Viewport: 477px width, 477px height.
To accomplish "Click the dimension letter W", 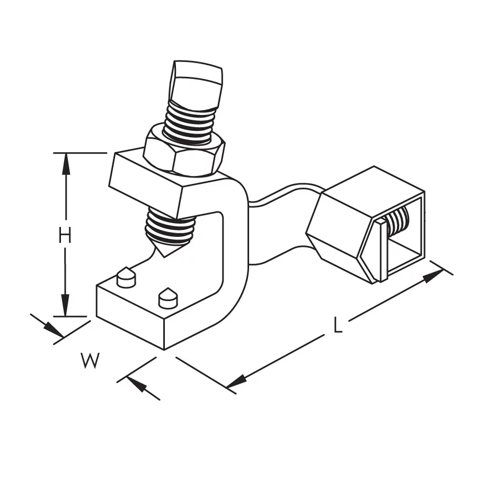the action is coord(90,361).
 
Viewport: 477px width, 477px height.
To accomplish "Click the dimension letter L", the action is coord(338,324).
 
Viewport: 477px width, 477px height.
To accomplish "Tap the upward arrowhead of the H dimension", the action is coord(66,164).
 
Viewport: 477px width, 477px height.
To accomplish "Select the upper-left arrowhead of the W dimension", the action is coord(54,330).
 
